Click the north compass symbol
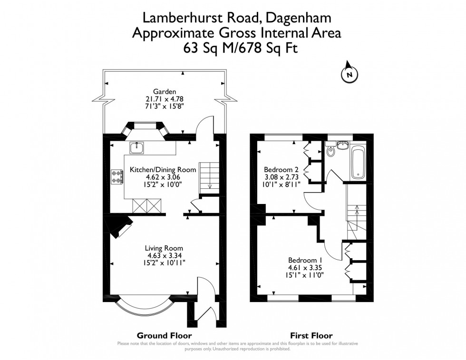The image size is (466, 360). pyautogui.click(x=350, y=73)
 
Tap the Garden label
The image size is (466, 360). pyautogui.click(x=165, y=92)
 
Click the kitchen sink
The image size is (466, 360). pyautogui.click(x=137, y=147)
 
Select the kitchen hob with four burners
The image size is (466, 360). pyautogui.click(x=117, y=176)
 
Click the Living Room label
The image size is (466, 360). pyautogui.click(x=164, y=248)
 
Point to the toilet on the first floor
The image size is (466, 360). pyautogui.click(x=331, y=152)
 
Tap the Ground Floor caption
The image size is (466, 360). pyautogui.click(x=158, y=335)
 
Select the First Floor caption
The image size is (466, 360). pyautogui.click(x=311, y=335)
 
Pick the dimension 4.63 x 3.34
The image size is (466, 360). pyautogui.click(x=164, y=255)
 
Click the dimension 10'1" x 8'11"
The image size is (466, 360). pyautogui.click(x=281, y=185)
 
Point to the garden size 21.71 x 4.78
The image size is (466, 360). pyautogui.click(x=165, y=99)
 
